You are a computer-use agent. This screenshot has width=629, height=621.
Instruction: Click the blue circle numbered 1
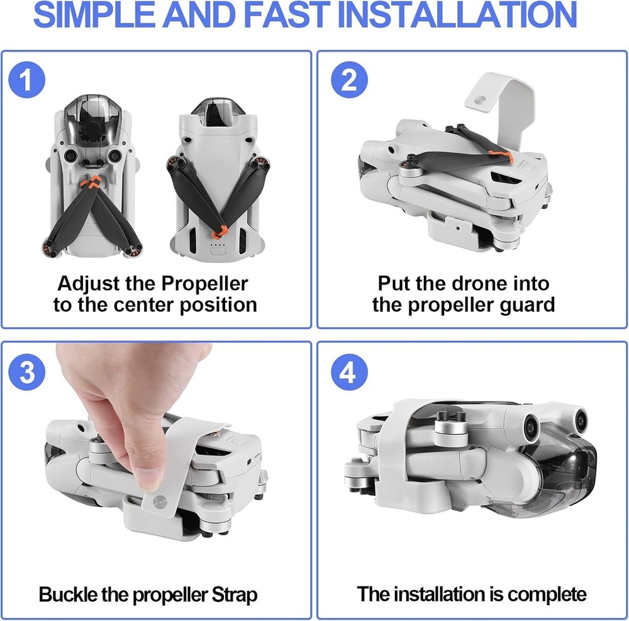pos(27,79)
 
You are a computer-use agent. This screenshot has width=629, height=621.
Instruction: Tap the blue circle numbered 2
pos(349,79)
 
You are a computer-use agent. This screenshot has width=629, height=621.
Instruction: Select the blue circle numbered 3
pos(27,372)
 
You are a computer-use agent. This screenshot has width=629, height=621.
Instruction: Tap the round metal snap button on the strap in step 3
pos(160,501)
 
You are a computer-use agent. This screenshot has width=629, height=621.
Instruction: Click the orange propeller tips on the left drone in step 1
pos(92,182)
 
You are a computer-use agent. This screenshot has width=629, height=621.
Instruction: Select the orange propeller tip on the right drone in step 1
pos(220,232)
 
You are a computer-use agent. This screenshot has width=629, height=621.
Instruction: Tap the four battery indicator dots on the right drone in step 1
pos(218,245)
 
